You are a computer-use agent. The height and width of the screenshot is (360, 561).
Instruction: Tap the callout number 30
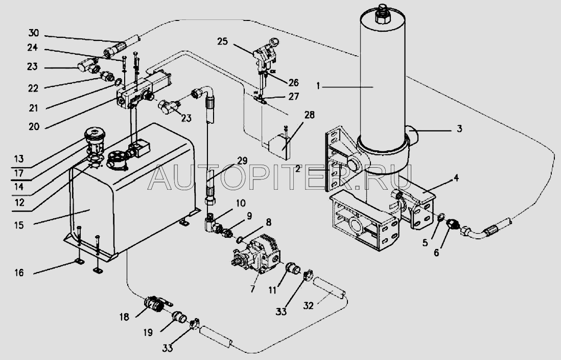34,33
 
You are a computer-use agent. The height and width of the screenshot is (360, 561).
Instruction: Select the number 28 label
309,115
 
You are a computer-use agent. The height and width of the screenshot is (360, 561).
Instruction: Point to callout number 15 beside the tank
19,225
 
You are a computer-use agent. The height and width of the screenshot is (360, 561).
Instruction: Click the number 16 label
19,273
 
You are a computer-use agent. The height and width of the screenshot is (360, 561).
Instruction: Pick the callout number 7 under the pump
253,288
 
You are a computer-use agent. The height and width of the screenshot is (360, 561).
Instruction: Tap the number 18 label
125,317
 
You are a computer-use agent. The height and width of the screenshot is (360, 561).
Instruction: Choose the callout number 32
309,305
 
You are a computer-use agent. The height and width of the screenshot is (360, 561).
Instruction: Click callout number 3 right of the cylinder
459,128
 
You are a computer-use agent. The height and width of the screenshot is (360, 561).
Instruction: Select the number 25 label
222,41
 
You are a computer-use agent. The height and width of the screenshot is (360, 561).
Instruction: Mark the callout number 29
242,161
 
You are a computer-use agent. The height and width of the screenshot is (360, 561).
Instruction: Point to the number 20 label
34,126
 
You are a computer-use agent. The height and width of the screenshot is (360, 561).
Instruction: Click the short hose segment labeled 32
329,288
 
